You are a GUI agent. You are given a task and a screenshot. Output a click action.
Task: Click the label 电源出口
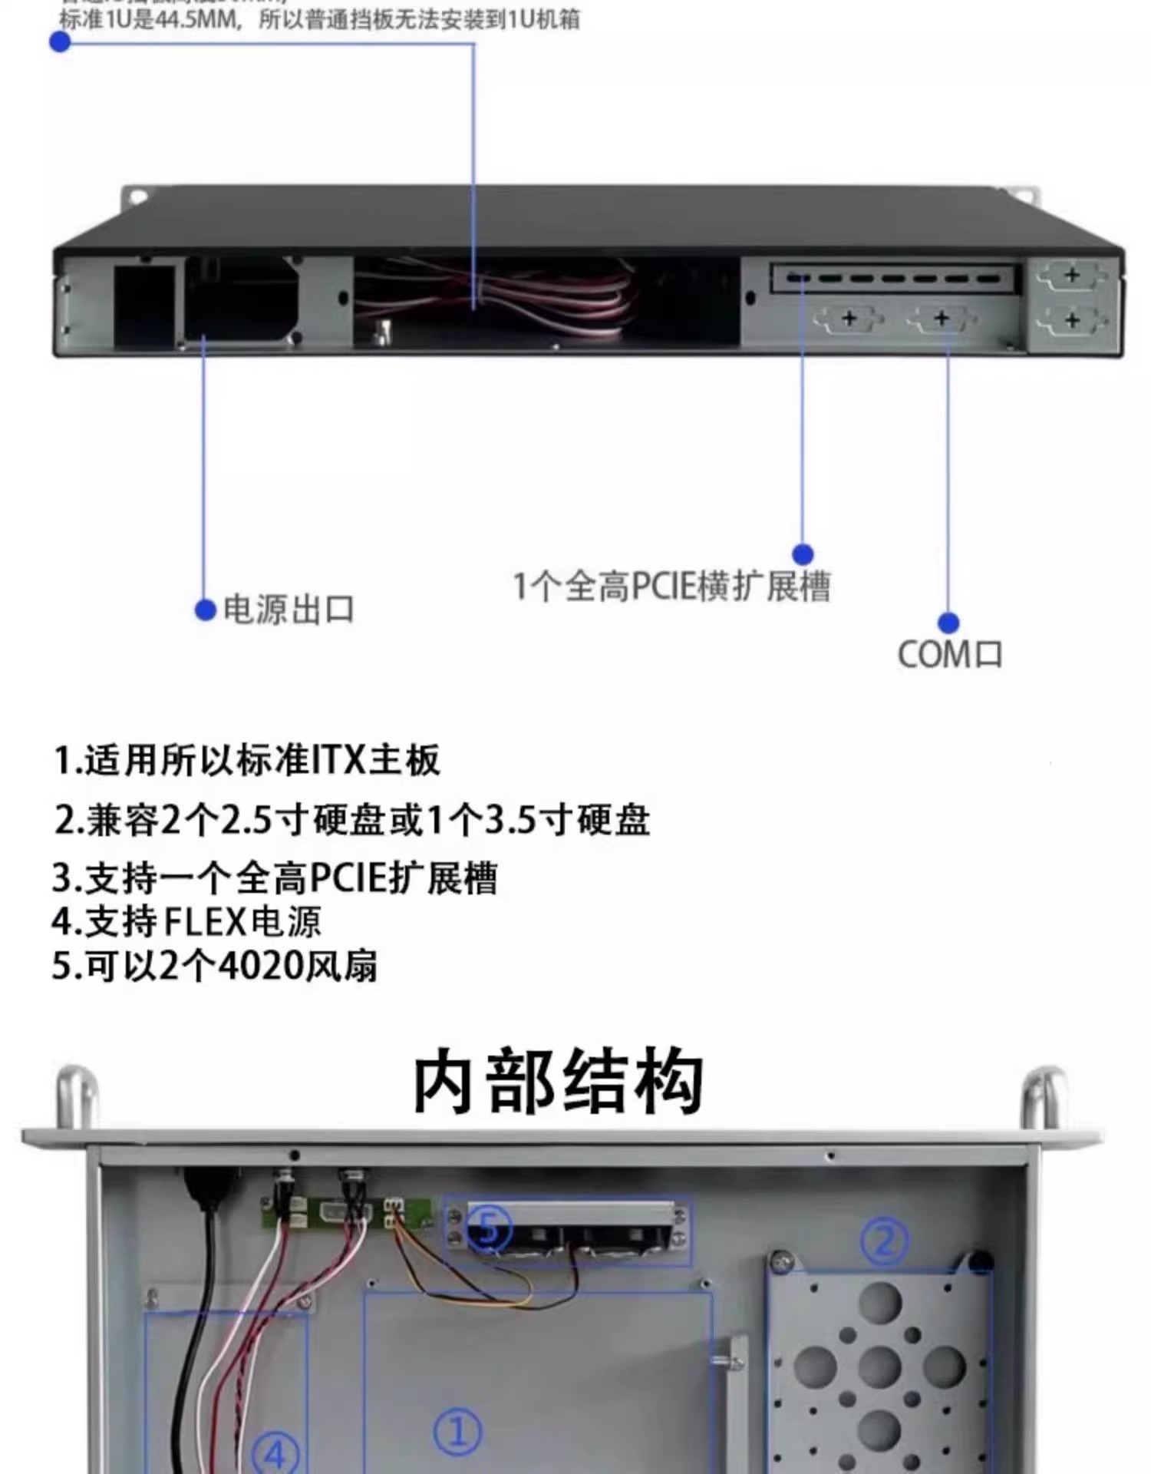point(289,610)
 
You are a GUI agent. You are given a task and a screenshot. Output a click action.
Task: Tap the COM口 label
point(950,655)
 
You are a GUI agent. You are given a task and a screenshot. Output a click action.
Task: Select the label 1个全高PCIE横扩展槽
point(671,587)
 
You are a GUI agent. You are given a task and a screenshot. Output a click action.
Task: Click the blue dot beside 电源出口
point(205,610)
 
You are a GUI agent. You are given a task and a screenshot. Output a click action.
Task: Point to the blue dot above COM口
point(948,623)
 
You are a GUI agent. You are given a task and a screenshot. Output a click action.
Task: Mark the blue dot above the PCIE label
point(803,554)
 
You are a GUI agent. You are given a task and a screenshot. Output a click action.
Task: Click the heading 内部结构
point(559,1082)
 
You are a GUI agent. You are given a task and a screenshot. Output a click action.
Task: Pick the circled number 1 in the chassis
point(458,1431)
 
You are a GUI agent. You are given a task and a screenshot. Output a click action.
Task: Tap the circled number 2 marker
point(884,1241)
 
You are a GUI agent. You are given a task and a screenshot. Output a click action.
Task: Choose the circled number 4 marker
point(275,1453)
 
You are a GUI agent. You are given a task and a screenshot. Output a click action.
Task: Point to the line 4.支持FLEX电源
point(186,922)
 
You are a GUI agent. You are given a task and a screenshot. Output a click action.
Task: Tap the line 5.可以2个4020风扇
point(215,966)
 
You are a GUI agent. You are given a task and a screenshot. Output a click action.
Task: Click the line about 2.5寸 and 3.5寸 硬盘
point(352,820)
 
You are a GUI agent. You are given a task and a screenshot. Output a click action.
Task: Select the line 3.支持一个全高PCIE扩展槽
point(275,878)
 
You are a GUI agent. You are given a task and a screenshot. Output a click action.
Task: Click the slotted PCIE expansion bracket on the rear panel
point(895,278)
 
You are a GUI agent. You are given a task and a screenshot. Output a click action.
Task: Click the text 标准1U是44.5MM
point(150,20)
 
